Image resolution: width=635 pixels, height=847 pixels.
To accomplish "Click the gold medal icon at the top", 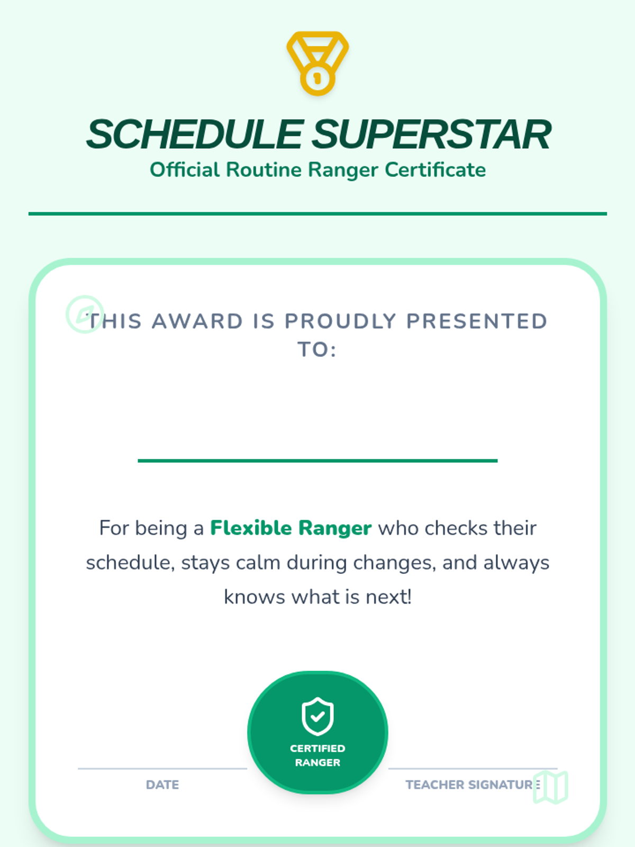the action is click(x=317, y=64).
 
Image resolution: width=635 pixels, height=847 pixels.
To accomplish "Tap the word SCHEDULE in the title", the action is click(x=195, y=134).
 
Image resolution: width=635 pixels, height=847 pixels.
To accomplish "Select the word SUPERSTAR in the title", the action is click(x=431, y=134).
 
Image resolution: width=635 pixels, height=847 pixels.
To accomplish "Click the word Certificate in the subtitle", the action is click(x=436, y=170).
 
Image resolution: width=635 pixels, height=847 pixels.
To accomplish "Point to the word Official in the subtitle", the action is click(x=185, y=170).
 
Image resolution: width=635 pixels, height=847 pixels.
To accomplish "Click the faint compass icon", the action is click(x=85, y=314).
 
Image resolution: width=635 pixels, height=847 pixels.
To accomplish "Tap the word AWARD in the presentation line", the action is click(x=197, y=321).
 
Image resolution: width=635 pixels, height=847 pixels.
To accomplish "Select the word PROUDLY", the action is click(x=340, y=321).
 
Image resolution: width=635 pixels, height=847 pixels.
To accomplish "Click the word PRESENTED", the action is click(x=477, y=321).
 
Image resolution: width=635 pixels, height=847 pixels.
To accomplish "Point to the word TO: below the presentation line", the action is click(x=317, y=350).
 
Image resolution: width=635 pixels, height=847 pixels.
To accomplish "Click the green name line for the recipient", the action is click(x=317, y=461).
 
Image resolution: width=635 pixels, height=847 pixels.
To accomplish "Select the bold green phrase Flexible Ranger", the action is click(x=291, y=528).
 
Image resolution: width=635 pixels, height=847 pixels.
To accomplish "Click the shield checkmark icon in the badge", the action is click(x=317, y=716).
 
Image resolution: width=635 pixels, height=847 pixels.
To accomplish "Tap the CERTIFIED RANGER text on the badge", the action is click(x=317, y=755).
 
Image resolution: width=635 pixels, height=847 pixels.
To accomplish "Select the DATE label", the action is click(x=162, y=785).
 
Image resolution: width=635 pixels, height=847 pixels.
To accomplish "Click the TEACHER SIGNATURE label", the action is click(x=473, y=785).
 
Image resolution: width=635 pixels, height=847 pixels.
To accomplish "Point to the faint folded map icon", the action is click(x=550, y=787).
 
